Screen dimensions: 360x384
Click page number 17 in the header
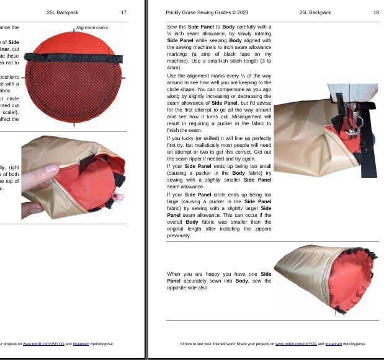point(124,12)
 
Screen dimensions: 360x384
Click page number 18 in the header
point(376,12)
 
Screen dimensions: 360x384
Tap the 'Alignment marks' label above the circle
point(92,28)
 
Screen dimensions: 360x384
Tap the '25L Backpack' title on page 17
point(63,12)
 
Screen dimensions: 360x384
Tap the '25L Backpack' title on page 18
point(315,12)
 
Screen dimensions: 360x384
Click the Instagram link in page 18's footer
point(334,343)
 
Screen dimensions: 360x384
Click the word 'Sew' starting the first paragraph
point(172,27)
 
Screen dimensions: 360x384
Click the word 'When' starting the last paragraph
point(174,274)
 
